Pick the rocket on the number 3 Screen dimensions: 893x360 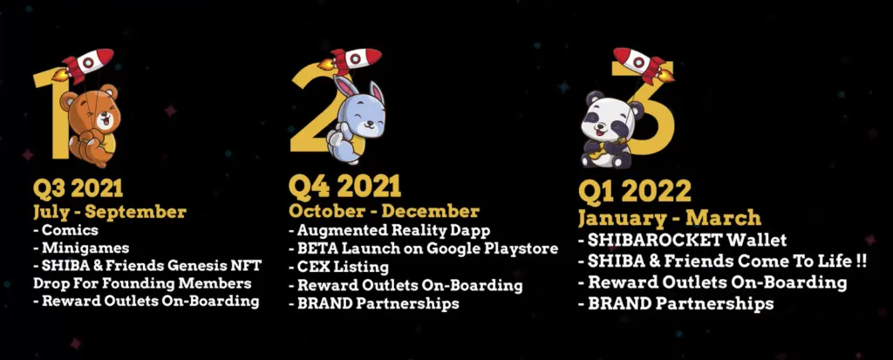[644, 65]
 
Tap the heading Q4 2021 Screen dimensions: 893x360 [344, 186]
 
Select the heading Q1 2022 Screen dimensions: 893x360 [635, 192]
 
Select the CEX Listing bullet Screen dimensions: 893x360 [338, 266]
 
